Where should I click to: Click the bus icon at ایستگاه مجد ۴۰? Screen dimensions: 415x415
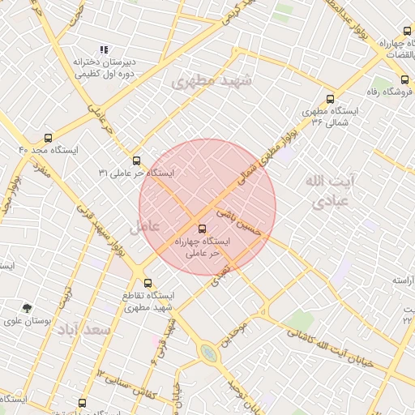(x=48, y=139)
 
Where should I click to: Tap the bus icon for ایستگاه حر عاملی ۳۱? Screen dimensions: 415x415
(x=136, y=160)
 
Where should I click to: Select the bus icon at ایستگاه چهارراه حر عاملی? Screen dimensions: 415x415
(x=203, y=229)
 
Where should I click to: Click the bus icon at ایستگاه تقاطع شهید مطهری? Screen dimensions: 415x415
(x=148, y=284)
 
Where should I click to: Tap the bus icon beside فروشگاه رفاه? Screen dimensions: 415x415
(x=404, y=79)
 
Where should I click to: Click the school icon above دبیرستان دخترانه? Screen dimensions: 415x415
(x=103, y=50)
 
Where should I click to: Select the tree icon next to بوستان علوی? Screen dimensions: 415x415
(x=28, y=308)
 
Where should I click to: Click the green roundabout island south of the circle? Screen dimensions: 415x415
(x=209, y=353)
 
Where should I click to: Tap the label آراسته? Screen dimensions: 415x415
(x=403, y=280)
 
